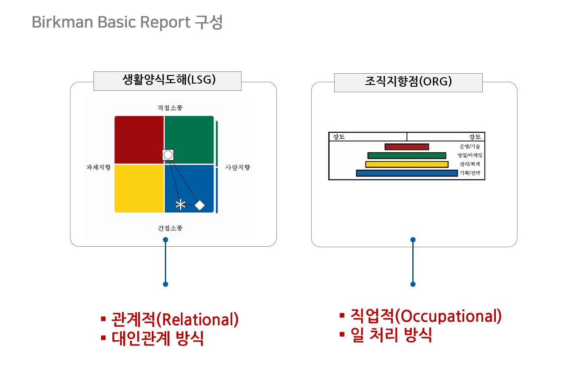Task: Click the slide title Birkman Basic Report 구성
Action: click(x=127, y=22)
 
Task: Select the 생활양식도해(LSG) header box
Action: click(x=168, y=81)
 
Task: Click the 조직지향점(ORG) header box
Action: click(x=408, y=82)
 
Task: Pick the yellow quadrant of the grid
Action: click(x=138, y=188)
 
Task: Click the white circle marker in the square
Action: click(x=168, y=155)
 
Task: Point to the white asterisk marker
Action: click(x=180, y=205)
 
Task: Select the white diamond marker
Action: click(x=199, y=205)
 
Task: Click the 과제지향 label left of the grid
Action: click(x=98, y=167)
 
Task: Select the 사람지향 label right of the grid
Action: click(x=238, y=167)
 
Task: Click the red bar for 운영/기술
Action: click(x=406, y=147)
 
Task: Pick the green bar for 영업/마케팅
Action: click(x=406, y=155)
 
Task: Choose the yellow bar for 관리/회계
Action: click(x=406, y=164)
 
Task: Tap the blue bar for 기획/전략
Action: click(x=406, y=173)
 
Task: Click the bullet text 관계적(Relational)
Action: click(x=175, y=319)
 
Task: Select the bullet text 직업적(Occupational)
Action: click(x=426, y=316)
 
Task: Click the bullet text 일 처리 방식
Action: click(x=391, y=335)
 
